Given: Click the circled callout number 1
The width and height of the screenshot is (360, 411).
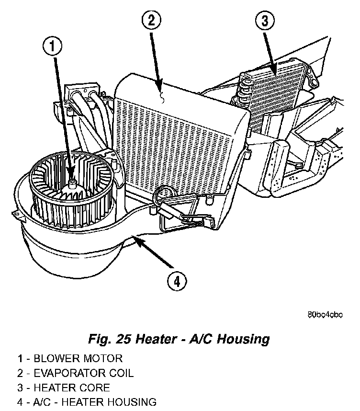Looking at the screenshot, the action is [53, 46].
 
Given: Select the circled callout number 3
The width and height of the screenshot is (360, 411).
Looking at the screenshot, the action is [264, 22].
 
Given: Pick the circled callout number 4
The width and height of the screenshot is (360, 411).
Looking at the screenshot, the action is [177, 282].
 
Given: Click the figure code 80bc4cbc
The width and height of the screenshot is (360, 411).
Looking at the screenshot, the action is [325, 315].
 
